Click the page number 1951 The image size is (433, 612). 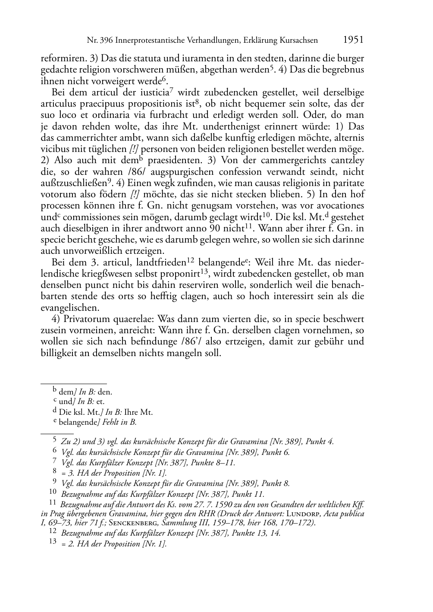353,40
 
